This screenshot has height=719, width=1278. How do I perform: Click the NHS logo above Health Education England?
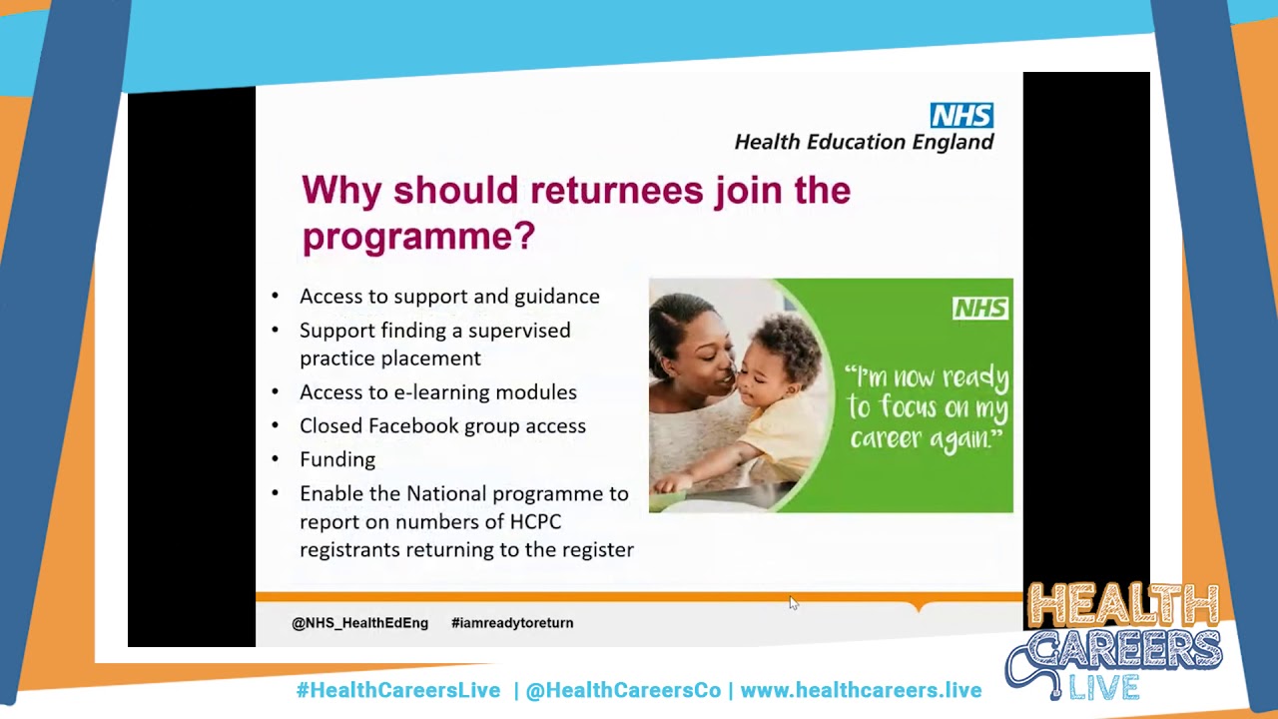click(x=961, y=115)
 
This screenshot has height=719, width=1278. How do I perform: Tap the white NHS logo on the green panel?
click(x=979, y=309)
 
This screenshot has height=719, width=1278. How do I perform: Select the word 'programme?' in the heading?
click(x=418, y=237)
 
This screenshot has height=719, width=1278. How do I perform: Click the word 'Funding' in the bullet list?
click(x=337, y=459)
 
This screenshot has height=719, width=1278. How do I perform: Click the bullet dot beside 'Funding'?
click(x=276, y=460)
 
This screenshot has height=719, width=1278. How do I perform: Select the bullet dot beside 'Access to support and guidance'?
click(x=276, y=297)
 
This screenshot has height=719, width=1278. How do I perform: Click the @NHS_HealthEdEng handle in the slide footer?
click(x=359, y=623)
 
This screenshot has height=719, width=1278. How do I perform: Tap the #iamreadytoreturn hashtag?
click(x=512, y=623)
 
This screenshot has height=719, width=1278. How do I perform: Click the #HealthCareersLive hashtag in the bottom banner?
click(x=397, y=690)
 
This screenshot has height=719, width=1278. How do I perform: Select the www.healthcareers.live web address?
click(x=861, y=690)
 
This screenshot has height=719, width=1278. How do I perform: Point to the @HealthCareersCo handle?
click(x=623, y=690)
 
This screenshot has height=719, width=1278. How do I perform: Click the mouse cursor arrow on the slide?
click(x=793, y=602)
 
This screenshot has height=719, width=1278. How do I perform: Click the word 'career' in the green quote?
click(x=883, y=437)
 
